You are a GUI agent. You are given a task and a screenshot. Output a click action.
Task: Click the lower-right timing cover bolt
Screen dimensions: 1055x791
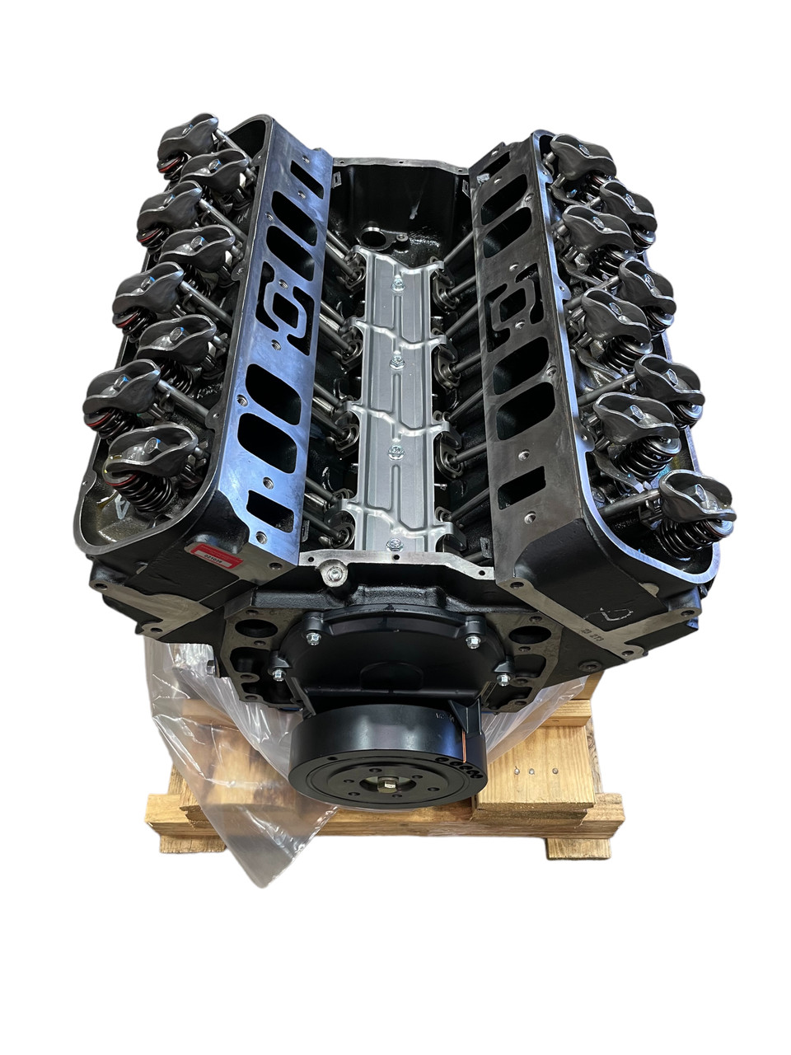(x=499, y=682)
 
